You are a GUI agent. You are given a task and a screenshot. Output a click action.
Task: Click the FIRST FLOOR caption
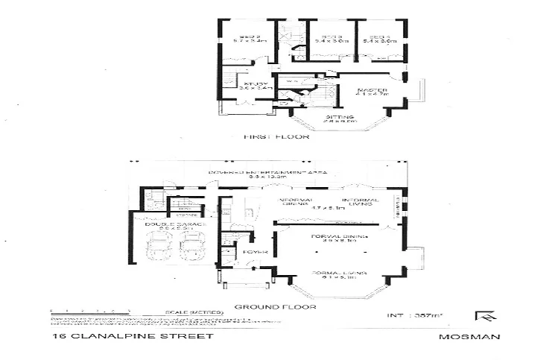click(x=276, y=137)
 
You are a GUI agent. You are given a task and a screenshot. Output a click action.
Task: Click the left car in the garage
click(x=159, y=246)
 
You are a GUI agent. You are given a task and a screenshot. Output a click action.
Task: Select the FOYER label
click(x=250, y=252)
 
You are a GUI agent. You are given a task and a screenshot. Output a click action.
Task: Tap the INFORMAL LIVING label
click(x=361, y=203)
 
